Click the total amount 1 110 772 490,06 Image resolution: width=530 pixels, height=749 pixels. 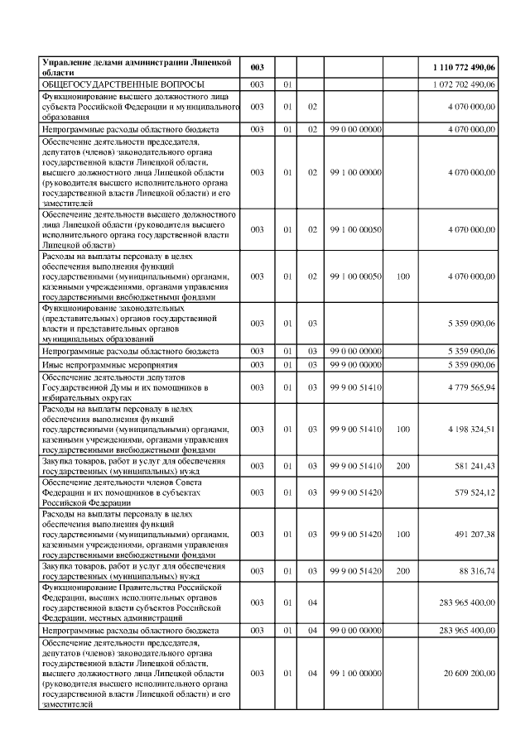[464, 66]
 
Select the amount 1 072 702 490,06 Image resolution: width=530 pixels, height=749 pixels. [464, 84]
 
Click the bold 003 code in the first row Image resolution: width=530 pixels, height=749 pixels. [257, 66]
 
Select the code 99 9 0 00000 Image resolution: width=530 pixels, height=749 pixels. [355, 365]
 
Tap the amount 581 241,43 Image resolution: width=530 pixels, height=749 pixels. [472, 466]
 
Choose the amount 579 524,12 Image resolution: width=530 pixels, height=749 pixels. [472, 492]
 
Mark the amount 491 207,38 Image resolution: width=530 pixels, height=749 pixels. [472, 534]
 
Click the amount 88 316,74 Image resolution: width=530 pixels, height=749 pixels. [475, 571]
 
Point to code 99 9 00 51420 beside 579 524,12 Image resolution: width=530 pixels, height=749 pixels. [355, 492]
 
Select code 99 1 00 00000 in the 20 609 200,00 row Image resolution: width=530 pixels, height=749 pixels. [355, 674]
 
